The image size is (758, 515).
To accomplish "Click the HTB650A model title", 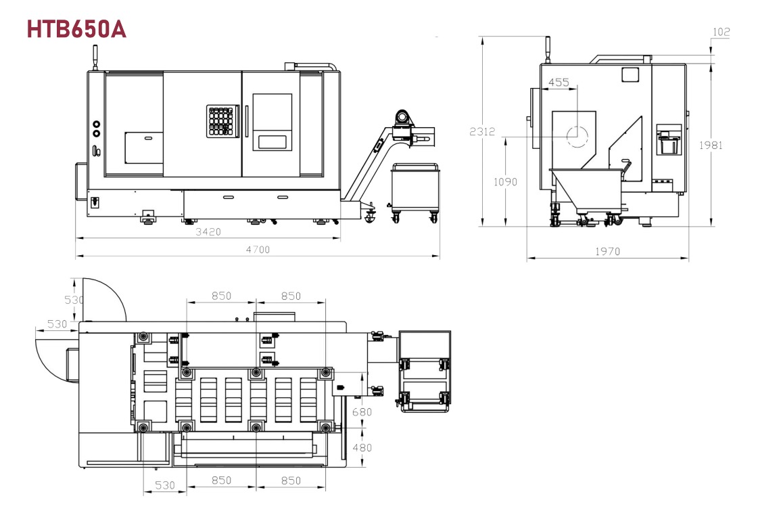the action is click(x=76, y=30).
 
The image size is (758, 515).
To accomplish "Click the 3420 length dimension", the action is click(x=208, y=232).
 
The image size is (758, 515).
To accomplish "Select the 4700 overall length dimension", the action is click(x=258, y=250).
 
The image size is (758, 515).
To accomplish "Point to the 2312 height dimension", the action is click(x=482, y=131).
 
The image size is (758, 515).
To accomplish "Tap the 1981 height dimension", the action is click(x=711, y=145).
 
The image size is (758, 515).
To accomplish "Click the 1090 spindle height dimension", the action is click(x=505, y=182).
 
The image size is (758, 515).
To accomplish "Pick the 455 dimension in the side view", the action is click(x=559, y=83).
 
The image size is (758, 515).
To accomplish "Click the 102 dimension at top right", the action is click(x=721, y=32).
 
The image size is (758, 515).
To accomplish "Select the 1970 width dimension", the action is click(x=607, y=251).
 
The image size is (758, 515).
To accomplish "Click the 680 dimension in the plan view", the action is click(x=362, y=412).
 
